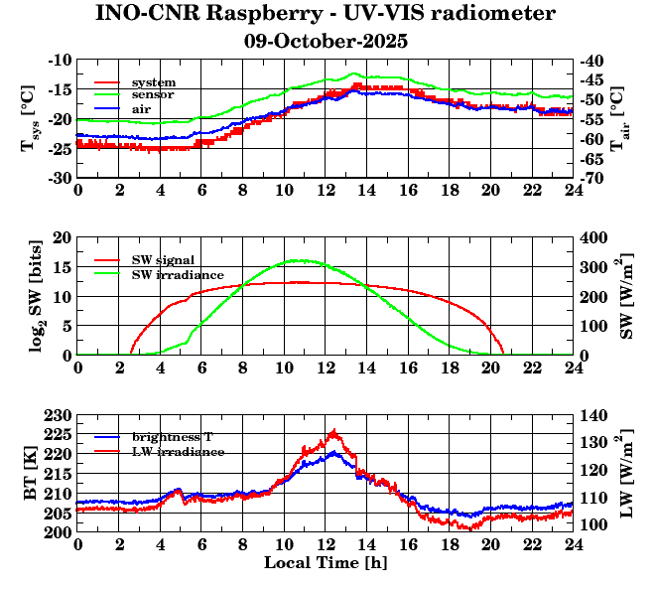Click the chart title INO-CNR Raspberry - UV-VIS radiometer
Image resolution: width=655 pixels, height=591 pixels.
pos(326,14)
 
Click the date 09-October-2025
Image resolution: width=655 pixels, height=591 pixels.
pos(326,42)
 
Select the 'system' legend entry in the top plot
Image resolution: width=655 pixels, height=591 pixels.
pos(153,81)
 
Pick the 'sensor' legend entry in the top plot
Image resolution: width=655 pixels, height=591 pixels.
pos(153,94)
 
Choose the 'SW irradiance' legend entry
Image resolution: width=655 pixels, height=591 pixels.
pos(177,274)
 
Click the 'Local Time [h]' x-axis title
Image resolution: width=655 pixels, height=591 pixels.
pos(325,562)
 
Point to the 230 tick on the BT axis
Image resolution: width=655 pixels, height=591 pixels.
pos(59,415)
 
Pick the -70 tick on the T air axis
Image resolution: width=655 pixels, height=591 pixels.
pos(592,179)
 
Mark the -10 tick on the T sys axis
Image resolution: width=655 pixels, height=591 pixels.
pos(59,61)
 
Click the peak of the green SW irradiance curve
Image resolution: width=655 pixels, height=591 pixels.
pos(299,260)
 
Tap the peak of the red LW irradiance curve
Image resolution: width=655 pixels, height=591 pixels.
pos(333,430)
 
